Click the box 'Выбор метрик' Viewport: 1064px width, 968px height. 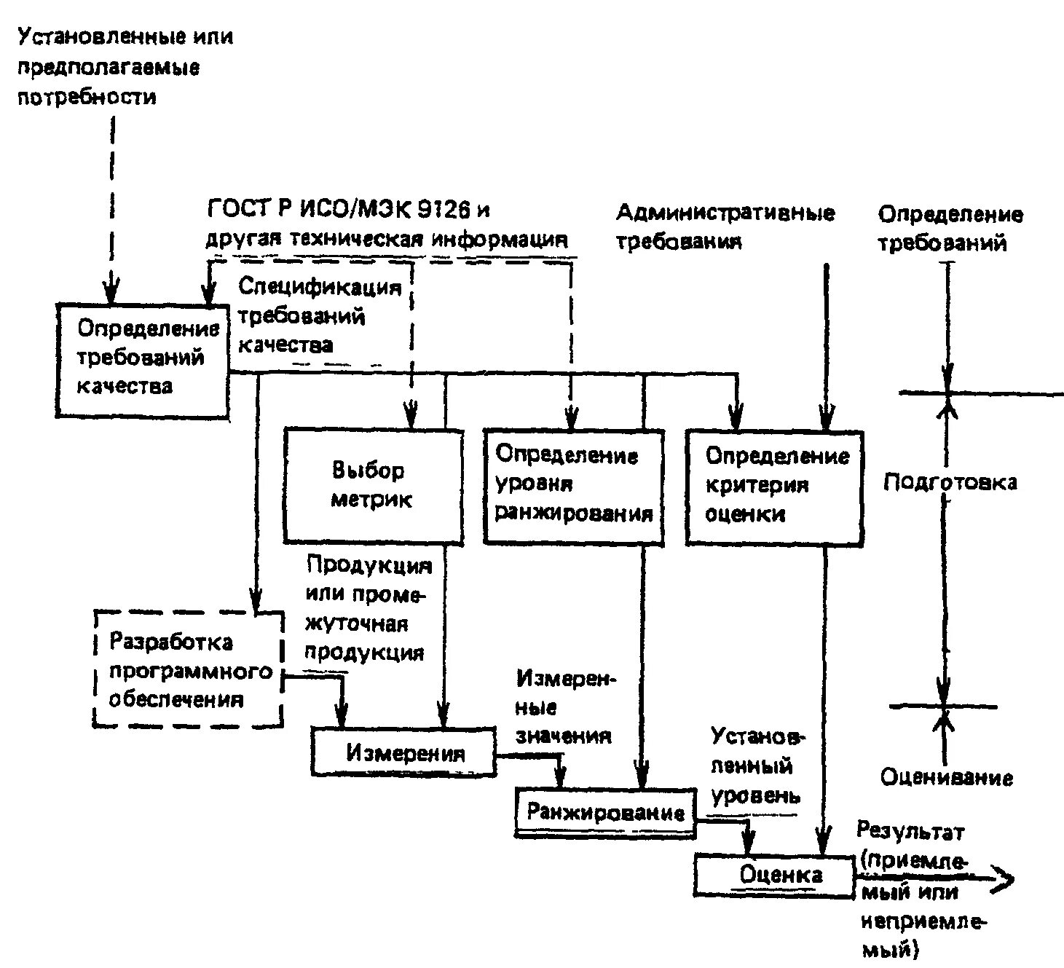(373, 485)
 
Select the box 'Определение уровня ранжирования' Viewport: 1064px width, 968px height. (574, 485)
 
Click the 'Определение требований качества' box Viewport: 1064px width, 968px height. (143, 359)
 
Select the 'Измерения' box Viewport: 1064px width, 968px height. (404, 752)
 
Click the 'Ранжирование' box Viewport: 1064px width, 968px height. (605, 811)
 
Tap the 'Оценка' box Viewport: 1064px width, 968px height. (773, 875)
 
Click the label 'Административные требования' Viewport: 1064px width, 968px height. (725, 227)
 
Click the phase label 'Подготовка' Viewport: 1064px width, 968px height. (950, 482)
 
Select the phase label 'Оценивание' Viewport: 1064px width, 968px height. (946, 777)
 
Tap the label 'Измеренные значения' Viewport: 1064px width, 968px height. (564, 707)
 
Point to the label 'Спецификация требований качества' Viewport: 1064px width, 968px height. (319, 315)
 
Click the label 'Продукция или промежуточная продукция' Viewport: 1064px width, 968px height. (366, 608)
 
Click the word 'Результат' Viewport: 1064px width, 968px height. (910, 831)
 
